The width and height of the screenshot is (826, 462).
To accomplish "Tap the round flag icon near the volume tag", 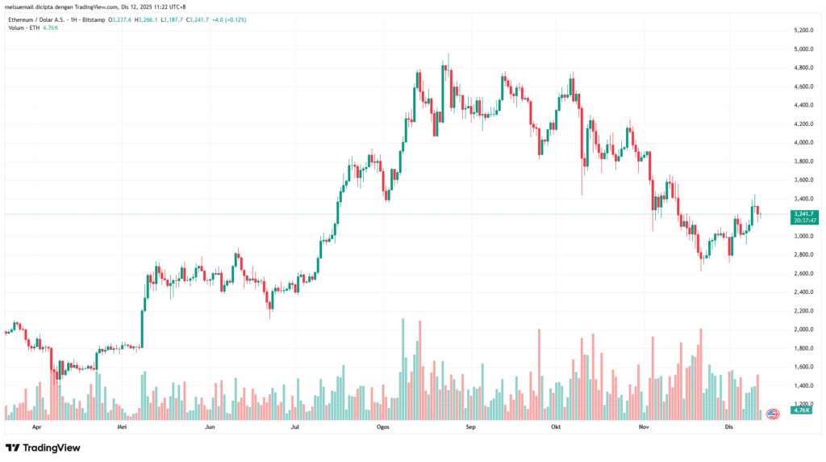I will click(x=772, y=414).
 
